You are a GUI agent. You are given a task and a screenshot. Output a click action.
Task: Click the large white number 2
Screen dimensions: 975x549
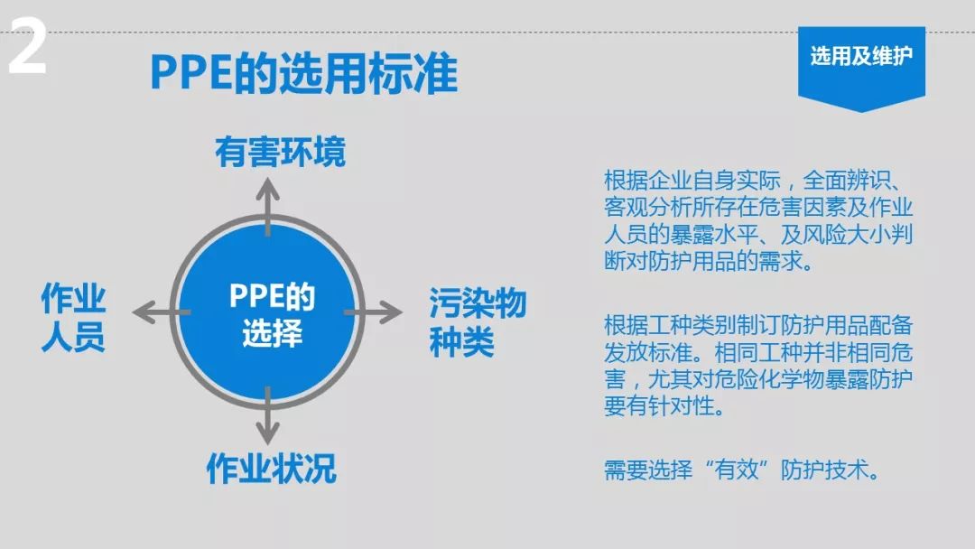(27, 46)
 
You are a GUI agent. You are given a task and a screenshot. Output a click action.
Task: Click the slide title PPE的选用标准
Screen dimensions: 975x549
(304, 73)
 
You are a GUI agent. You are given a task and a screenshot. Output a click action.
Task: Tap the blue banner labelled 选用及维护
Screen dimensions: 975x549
(861, 68)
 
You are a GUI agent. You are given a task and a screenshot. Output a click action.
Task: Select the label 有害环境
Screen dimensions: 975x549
(280, 153)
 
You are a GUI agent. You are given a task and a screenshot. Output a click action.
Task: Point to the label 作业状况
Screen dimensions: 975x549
(271, 468)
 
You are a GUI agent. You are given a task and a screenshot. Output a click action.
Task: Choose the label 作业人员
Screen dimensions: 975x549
(73, 317)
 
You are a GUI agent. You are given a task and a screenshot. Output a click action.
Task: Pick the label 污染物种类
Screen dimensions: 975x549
(478, 321)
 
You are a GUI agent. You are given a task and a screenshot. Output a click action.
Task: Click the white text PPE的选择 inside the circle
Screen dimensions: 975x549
(272, 314)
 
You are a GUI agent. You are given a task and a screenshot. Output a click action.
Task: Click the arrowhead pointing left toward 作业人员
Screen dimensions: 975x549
(144, 312)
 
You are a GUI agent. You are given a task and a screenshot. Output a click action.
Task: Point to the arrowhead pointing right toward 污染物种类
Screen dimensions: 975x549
(391, 312)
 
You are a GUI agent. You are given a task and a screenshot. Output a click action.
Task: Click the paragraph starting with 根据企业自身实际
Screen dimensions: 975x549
(758, 220)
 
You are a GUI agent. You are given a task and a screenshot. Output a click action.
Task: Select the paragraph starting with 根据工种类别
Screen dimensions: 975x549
(758, 366)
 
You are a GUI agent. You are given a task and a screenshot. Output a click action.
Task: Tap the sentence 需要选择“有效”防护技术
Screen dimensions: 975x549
(742, 470)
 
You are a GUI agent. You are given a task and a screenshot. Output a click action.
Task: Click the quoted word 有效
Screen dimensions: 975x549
(737, 470)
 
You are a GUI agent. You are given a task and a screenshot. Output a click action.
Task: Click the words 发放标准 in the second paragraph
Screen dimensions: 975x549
(648, 352)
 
